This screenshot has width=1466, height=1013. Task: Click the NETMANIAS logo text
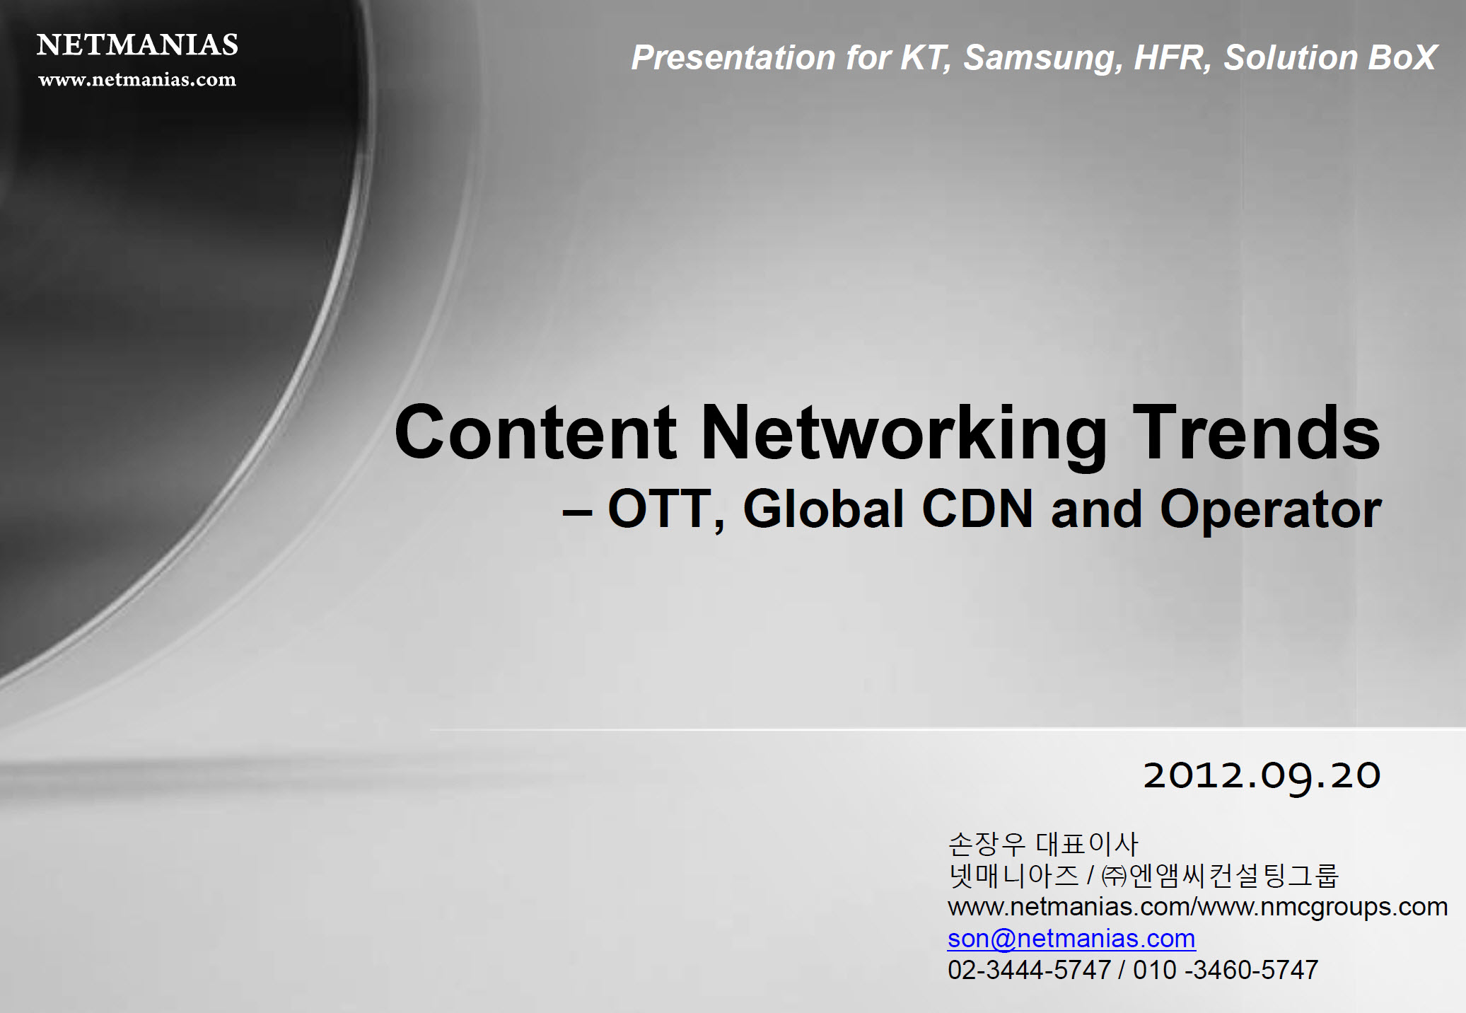pyautogui.click(x=137, y=45)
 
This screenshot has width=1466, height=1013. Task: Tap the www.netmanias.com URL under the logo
pyautogui.click(x=137, y=79)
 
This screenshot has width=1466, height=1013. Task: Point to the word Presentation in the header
pyautogui.click(x=733, y=57)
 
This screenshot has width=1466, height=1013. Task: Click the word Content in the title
pyautogui.click(x=535, y=432)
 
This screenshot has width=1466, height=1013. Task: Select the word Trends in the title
pyautogui.click(x=1256, y=432)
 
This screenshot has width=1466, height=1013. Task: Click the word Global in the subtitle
pyautogui.click(x=824, y=509)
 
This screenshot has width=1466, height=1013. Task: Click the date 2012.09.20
pyautogui.click(x=1262, y=776)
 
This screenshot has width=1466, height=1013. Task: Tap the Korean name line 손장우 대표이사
pyautogui.click(x=1043, y=843)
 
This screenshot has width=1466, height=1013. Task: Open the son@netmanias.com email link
pyautogui.click(x=1071, y=939)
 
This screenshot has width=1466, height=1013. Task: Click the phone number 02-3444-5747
pyautogui.click(x=1030, y=970)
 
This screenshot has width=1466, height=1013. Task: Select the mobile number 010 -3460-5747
pyautogui.click(x=1226, y=970)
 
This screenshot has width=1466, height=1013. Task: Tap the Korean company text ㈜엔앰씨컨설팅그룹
pyautogui.click(x=1220, y=876)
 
